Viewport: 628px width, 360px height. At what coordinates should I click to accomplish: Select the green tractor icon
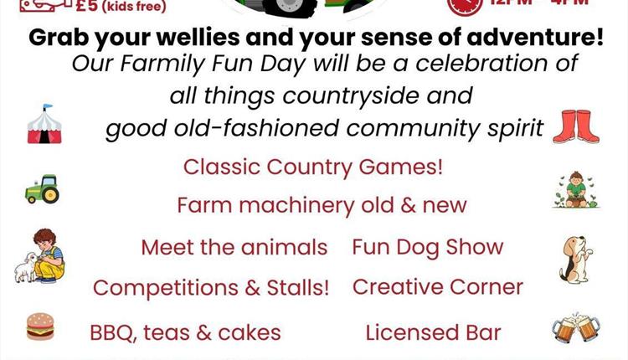(x=41, y=191)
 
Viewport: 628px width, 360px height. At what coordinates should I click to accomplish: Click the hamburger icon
(x=40, y=327)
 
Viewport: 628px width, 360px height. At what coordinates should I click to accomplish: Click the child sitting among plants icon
(x=574, y=191)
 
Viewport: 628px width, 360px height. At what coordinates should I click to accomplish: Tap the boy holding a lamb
(x=39, y=255)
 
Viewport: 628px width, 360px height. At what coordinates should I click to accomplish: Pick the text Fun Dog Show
(x=427, y=247)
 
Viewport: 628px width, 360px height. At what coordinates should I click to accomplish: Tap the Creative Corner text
(x=437, y=287)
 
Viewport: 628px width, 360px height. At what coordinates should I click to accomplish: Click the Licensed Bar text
(x=433, y=332)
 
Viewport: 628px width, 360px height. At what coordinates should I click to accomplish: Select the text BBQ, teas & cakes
(x=185, y=332)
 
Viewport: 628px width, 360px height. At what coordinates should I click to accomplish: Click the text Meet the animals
(x=234, y=248)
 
